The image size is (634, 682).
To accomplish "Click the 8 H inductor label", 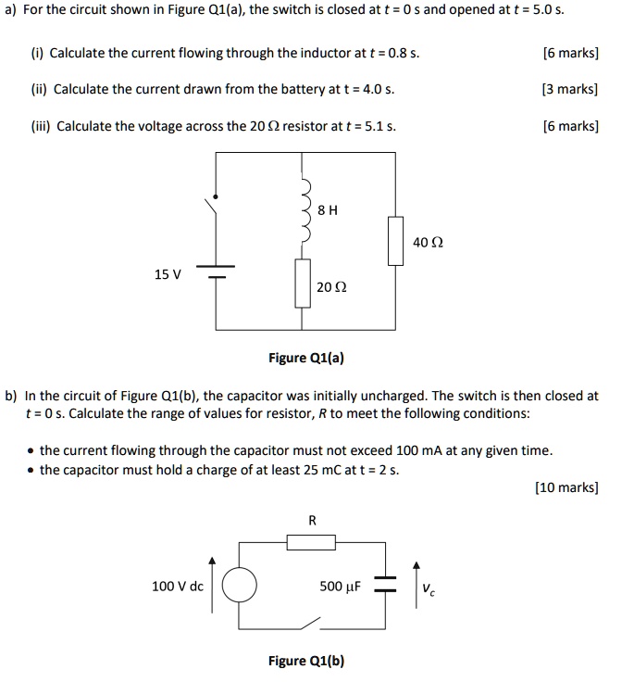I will click(327, 210).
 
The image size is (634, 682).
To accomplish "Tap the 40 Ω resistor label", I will click(428, 242).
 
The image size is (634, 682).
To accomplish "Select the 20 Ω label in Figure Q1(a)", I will click(329, 287).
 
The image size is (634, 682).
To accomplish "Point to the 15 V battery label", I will click(168, 274).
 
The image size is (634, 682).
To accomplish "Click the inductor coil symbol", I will click(301, 216).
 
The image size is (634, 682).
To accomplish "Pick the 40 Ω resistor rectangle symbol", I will click(395, 241).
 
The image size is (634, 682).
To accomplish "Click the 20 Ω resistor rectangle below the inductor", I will click(301, 284).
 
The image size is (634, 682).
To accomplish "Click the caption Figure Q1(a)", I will click(305, 358).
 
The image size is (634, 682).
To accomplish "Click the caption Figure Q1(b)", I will click(305, 661).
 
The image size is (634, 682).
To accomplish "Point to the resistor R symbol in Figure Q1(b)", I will click(310, 542).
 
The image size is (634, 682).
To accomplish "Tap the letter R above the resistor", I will click(311, 521).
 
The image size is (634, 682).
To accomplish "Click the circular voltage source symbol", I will click(240, 586).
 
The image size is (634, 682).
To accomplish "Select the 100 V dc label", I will click(177, 586).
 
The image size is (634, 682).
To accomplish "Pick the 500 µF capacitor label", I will click(338, 586).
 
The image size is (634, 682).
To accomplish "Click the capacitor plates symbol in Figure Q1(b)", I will click(385, 586).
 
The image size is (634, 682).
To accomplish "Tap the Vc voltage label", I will click(428, 587).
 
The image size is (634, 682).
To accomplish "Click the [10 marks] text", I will click(566, 486).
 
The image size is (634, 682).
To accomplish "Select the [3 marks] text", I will click(569, 89).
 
